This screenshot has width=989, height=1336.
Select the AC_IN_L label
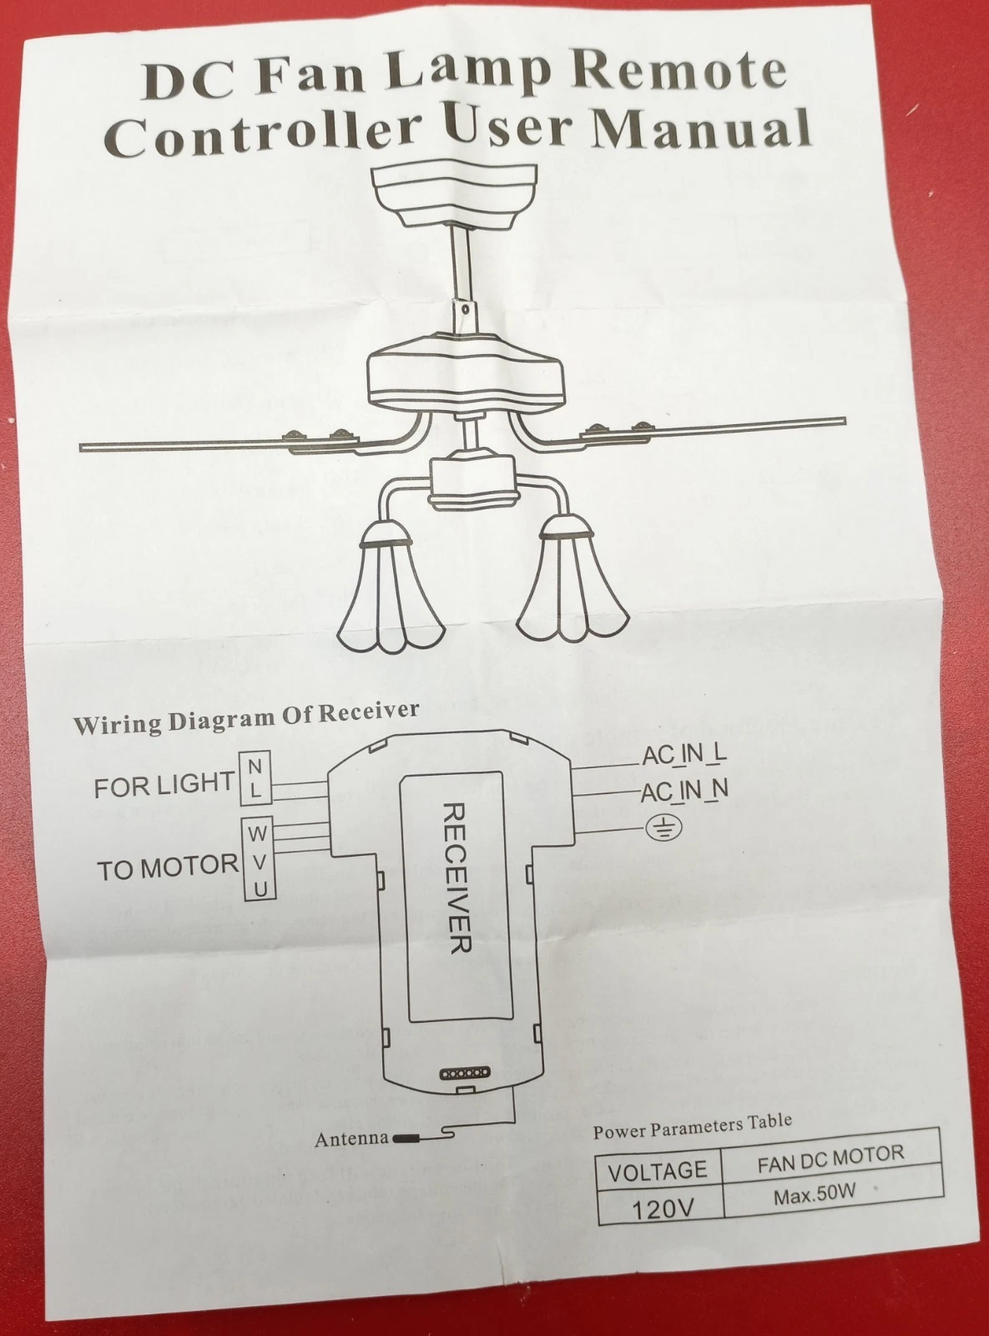coord(685,756)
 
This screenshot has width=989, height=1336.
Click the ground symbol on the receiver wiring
coord(664,829)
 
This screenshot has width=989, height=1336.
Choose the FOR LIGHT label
coord(164,785)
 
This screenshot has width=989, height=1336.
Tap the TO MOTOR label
coord(168,868)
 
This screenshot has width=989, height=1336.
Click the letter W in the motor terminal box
coord(257,834)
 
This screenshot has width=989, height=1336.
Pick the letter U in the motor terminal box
coord(260,889)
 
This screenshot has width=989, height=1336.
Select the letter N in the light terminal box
coord(255,767)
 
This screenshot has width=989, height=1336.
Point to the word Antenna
coord(351,1138)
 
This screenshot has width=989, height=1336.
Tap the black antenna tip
coord(406,1138)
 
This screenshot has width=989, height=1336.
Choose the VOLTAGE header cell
coord(658,1172)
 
